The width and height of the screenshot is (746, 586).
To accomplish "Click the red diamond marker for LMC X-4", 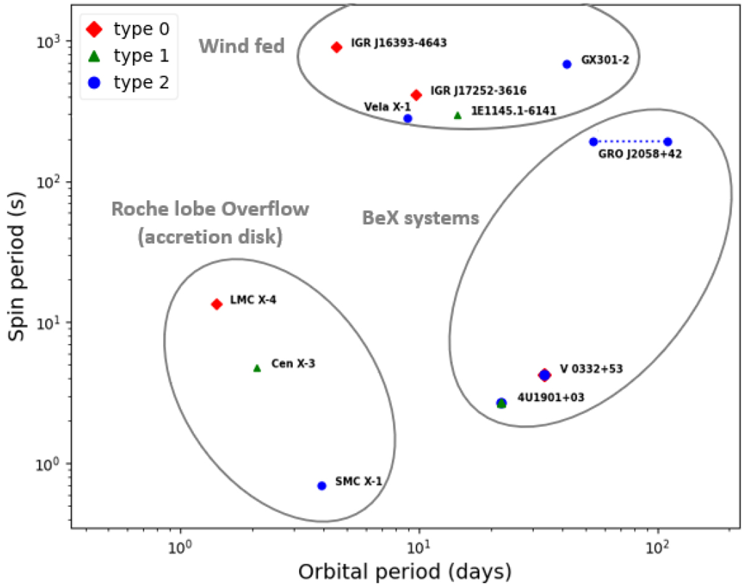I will tap(216, 304).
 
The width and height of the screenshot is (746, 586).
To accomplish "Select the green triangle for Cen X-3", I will tap(257, 368).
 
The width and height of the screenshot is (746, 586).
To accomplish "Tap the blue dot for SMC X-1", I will tap(321, 485).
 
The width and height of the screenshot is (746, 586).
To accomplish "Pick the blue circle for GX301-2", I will tap(566, 64).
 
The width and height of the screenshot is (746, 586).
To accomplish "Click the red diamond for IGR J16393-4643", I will tap(336, 47).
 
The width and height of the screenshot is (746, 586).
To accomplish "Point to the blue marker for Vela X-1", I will tap(407, 118).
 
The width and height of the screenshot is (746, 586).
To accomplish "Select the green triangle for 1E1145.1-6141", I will tap(458, 115).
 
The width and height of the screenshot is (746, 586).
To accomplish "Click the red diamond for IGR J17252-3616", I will tap(416, 95).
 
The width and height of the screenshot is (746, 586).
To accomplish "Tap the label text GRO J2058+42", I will tap(641, 154).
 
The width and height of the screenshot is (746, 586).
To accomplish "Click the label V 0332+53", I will tap(591, 368).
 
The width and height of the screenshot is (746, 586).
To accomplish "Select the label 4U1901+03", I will tap(550, 397).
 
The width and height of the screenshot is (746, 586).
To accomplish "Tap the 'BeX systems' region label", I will tap(420, 218).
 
